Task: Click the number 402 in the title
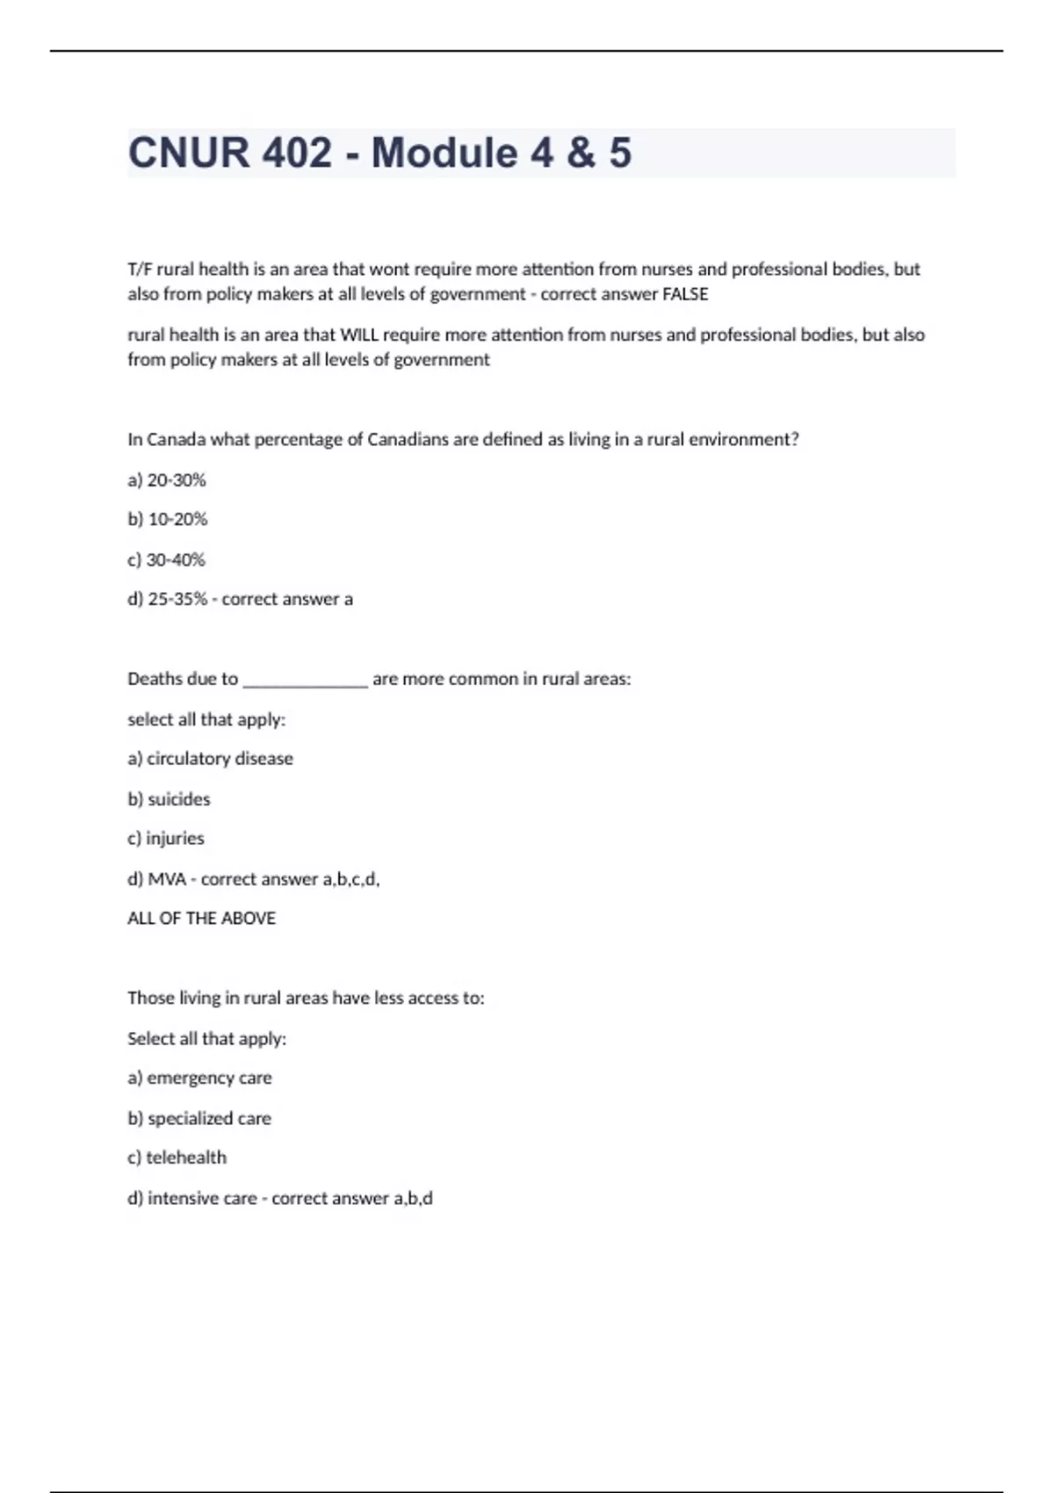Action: click(297, 153)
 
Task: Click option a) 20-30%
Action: click(167, 480)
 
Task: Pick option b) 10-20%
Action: click(168, 520)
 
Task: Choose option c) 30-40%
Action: click(167, 559)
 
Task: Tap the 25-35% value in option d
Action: click(177, 600)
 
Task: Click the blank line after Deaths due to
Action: click(305, 680)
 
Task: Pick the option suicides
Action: click(179, 799)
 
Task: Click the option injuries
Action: click(175, 839)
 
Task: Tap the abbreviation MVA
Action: click(167, 879)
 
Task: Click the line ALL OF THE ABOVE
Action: click(202, 919)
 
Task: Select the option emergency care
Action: click(209, 1078)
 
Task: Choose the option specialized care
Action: click(209, 1119)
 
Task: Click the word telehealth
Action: click(186, 1158)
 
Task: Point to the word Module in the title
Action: click(444, 153)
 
